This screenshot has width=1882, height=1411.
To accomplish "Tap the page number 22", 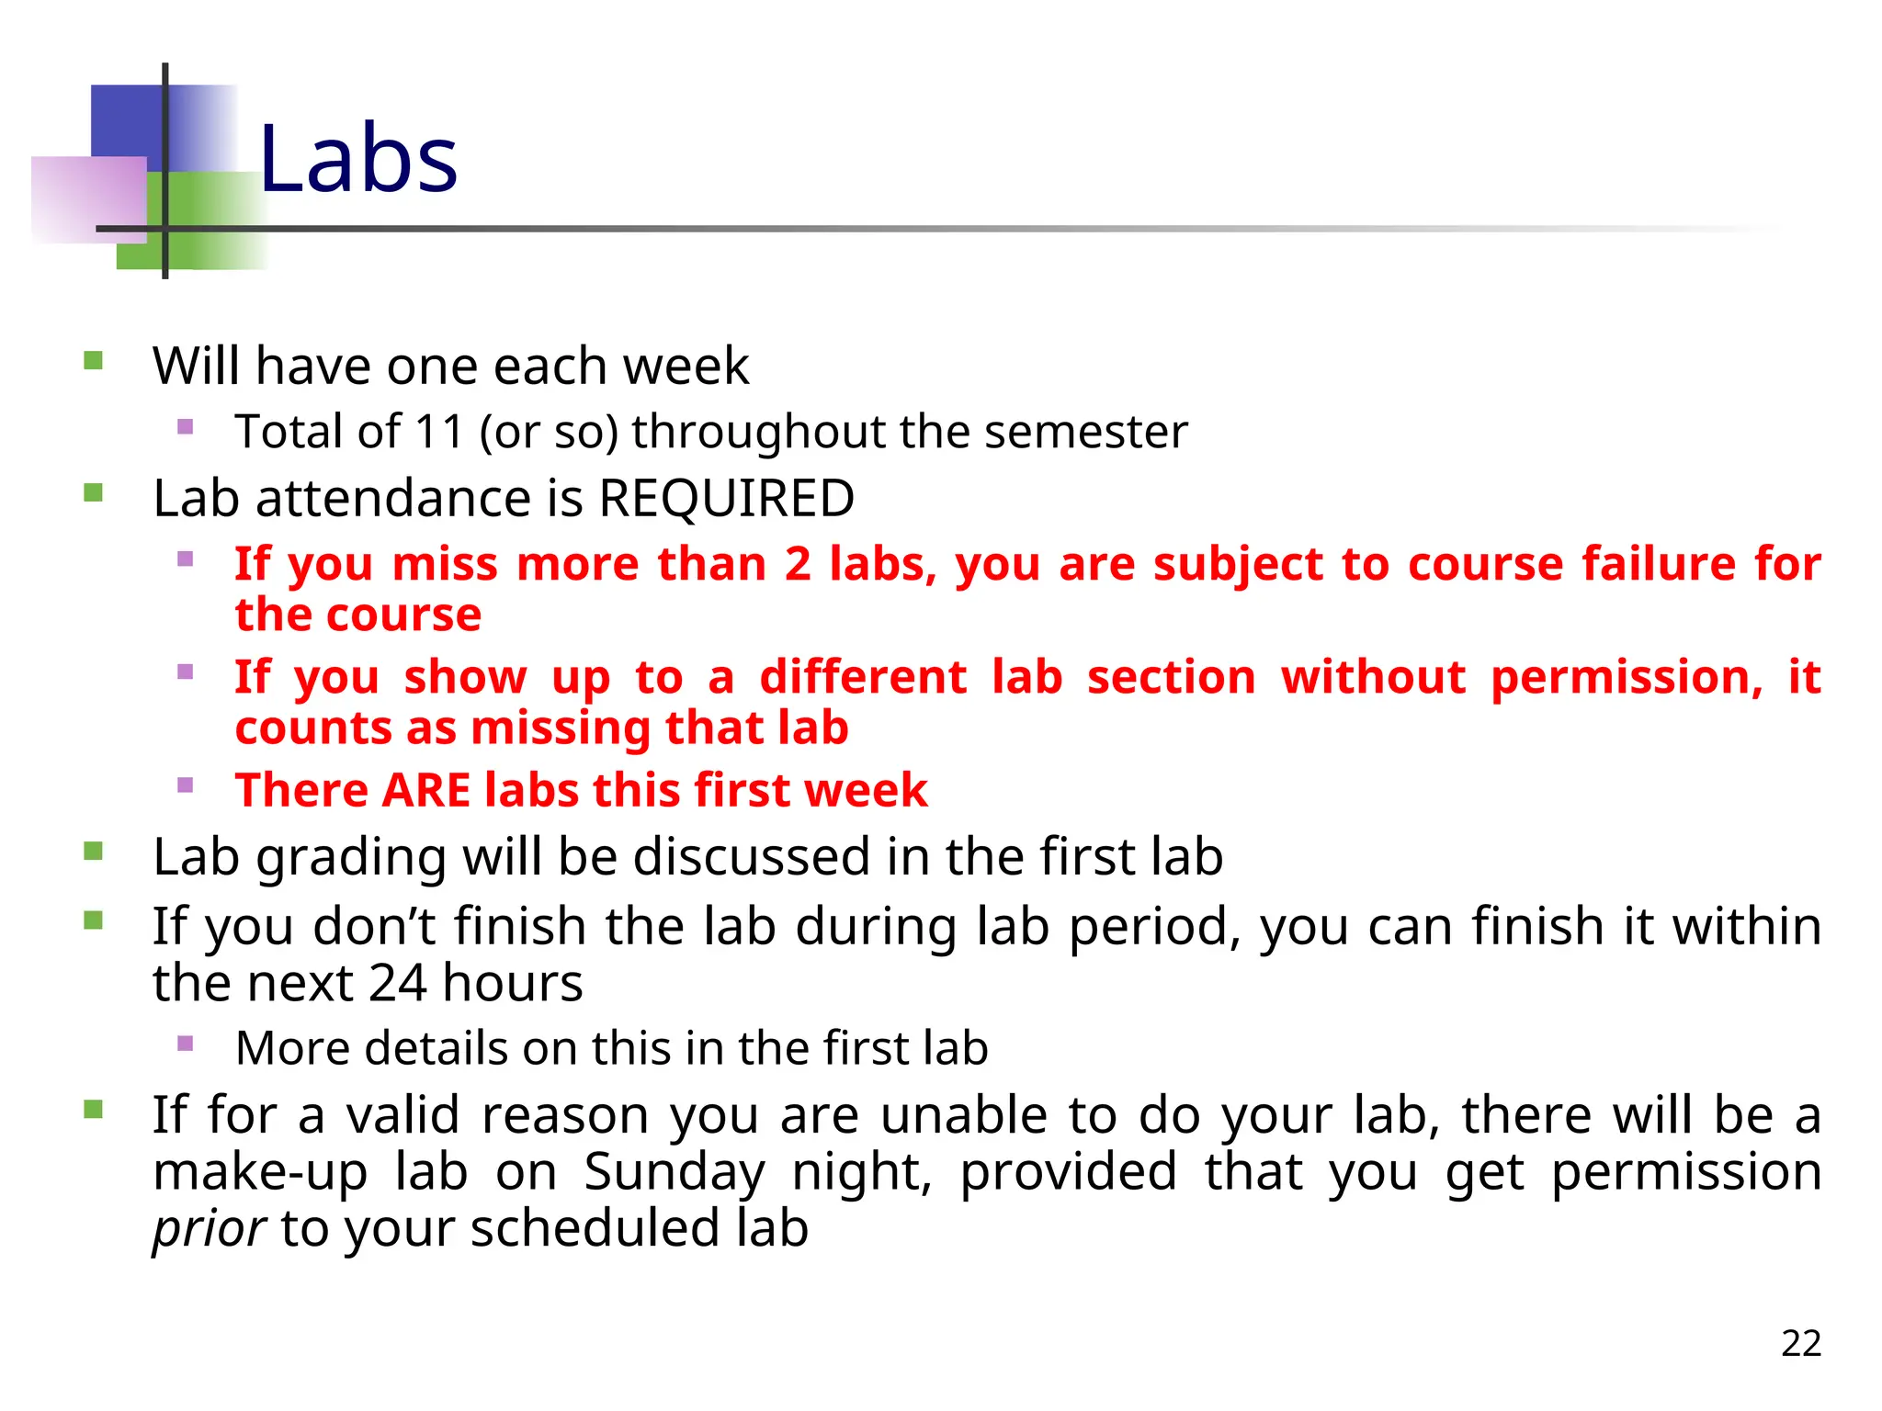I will (x=1800, y=1343).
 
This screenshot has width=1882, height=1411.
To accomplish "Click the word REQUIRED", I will (x=726, y=499).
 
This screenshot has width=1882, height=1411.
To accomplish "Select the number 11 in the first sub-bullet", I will (x=439, y=432).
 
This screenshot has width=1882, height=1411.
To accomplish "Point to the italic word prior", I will (x=209, y=1228).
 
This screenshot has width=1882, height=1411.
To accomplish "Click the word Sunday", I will (x=675, y=1172).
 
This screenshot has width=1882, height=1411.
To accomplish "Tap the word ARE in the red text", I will (x=426, y=790).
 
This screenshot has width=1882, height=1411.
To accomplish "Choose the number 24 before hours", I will (x=398, y=983).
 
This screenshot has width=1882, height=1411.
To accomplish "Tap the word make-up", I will (x=260, y=1172).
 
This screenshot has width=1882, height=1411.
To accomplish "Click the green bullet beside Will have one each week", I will (x=93, y=359).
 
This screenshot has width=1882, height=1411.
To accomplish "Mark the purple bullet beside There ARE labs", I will (x=186, y=785).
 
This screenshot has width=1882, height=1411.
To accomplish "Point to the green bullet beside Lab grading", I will (x=93, y=851).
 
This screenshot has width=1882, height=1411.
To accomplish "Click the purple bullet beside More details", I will (x=186, y=1043).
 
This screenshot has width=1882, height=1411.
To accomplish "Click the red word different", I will (x=863, y=678).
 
